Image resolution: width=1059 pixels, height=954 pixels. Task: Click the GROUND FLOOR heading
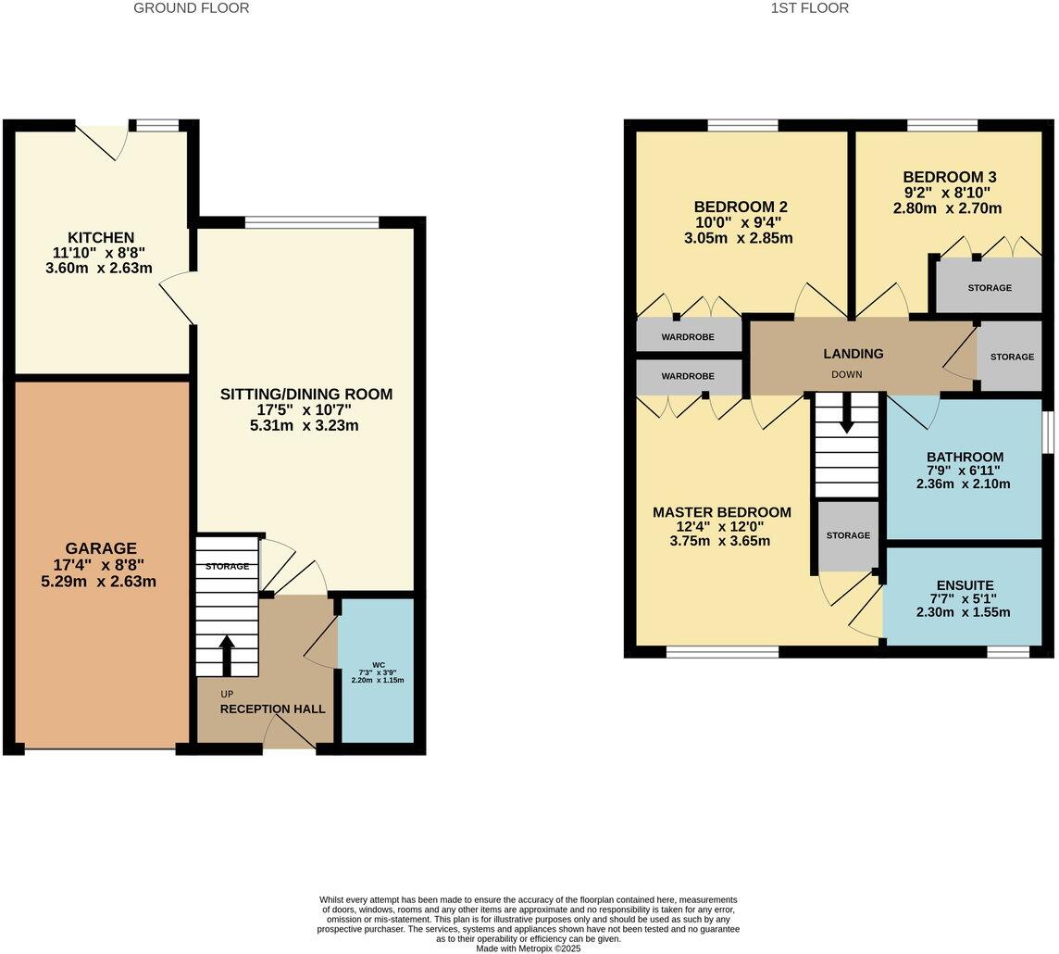coord(192,8)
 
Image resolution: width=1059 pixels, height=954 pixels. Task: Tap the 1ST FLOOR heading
coord(809,8)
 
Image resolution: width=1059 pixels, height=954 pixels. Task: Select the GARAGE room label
coord(100,548)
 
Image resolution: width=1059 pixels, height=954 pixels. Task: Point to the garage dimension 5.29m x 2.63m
coord(99,582)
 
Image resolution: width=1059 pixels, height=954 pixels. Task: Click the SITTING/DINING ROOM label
coord(305,394)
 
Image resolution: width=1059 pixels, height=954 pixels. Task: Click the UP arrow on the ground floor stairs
coord(226,654)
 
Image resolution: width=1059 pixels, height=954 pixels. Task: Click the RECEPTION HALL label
coord(272,709)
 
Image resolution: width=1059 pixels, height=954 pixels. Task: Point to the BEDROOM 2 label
coord(741,206)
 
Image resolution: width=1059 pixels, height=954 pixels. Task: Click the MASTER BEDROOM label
coord(721,512)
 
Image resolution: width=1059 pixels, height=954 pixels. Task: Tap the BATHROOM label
coord(965,457)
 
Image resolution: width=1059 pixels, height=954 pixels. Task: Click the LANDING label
coord(853,353)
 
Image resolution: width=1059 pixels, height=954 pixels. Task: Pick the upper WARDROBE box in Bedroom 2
coord(688,336)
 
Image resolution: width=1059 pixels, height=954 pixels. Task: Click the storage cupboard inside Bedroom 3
coord(989,287)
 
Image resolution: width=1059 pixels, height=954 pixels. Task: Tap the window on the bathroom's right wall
coord(1048,433)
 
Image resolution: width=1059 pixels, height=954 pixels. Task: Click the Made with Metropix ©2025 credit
coord(529,948)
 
